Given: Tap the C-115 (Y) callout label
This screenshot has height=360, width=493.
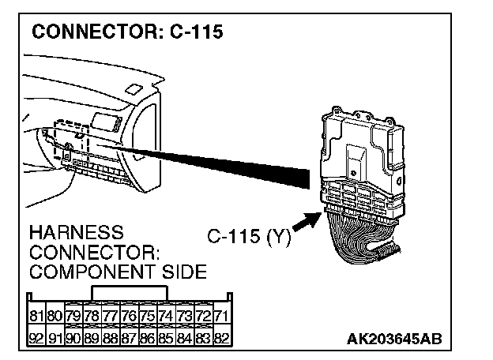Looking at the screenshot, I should [x=249, y=235].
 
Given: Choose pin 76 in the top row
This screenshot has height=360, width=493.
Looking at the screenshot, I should [x=130, y=316].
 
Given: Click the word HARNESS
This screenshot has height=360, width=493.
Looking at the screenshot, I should [x=76, y=234].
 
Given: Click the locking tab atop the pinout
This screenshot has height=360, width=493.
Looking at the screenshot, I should [x=130, y=292].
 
